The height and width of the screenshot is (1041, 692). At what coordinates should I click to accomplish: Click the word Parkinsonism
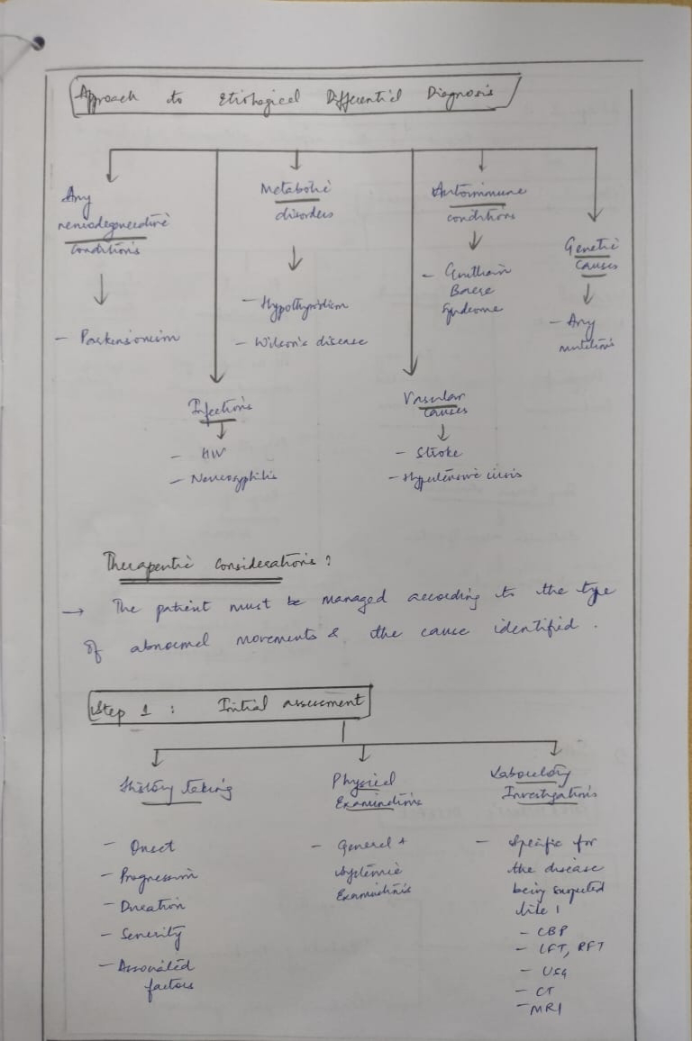click(x=130, y=339)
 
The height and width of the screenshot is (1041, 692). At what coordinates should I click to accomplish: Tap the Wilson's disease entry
click(x=301, y=343)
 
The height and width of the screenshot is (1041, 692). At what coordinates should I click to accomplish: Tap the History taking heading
click(x=176, y=789)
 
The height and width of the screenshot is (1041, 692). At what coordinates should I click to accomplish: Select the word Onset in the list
click(x=150, y=847)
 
